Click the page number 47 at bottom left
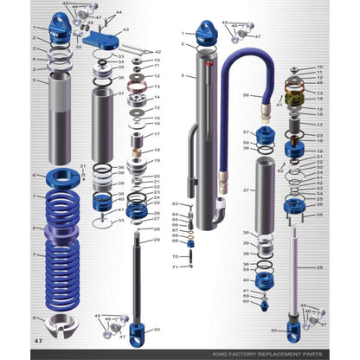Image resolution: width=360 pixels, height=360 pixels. pos(37,342)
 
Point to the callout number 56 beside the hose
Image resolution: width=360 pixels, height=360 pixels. pos(246,96)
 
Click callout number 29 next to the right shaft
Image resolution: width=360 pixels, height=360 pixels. pos(319,267)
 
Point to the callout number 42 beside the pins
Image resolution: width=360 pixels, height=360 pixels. pos(157,52)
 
